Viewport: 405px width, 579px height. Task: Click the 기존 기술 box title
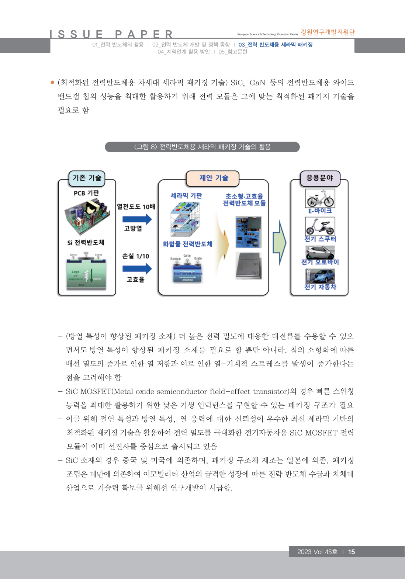pyautogui.click(x=87, y=178)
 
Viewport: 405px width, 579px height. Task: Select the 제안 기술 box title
pyautogui.click(x=214, y=178)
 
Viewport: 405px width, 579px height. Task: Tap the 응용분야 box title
pyautogui.click(x=319, y=178)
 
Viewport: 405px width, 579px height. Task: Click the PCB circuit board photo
pyautogui.click(x=87, y=216)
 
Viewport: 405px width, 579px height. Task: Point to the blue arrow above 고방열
pyautogui.click(x=137, y=219)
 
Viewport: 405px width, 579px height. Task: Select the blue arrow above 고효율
pyautogui.click(x=137, y=268)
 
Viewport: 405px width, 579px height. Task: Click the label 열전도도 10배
pyautogui.click(x=136, y=207)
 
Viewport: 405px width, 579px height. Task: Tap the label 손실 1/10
pyautogui.click(x=136, y=256)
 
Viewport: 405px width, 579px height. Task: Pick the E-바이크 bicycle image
pyautogui.click(x=320, y=198)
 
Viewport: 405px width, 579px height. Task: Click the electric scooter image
pyautogui.click(x=320, y=226)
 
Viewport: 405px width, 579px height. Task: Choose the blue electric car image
pyautogui.click(x=320, y=276)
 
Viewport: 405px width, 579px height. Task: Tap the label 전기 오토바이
pyautogui.click(x=320, y=262)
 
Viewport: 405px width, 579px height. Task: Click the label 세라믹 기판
pyautogui.click(x=186, y=196)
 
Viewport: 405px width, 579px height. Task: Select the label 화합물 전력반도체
pyautogui.click(x=187, y=244)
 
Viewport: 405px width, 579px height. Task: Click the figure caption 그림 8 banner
pyautogui.click(x=202, y=147)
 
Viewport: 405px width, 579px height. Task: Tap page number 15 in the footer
pyautogui.click(x=352, y=552)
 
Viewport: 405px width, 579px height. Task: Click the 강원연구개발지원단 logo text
pyautogui.click(x=328, y=32)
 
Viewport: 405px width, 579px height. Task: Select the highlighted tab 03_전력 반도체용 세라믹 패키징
pyautogui.click(x=275, y=45)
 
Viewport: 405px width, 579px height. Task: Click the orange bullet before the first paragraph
pyautogui.click(x=52, y=82)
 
